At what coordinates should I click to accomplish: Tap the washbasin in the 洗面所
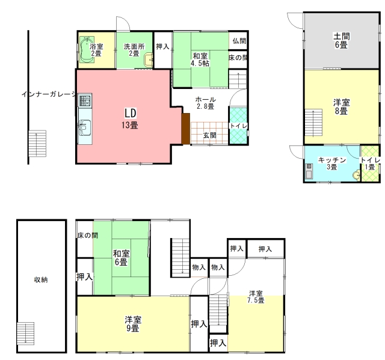149,60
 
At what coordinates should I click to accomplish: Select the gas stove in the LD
85,100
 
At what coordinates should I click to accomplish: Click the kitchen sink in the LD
85,127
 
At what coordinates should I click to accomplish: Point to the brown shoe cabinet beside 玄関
186,129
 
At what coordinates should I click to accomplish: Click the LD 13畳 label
130,119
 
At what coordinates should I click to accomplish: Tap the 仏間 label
239,41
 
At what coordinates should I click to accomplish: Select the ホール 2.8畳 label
205,103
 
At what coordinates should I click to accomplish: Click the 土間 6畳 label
341,40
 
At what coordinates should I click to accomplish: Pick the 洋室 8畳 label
341,106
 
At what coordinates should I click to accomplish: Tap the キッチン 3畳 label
331,163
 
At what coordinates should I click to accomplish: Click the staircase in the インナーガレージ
37,144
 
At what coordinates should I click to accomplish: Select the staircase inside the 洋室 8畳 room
313,123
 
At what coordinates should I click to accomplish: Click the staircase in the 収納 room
25,334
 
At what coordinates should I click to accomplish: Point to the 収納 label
41,279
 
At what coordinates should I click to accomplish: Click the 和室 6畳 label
121,258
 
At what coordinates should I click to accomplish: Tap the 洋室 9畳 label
133,324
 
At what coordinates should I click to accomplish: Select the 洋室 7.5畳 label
256,297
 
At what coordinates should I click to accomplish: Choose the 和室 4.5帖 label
200,59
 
